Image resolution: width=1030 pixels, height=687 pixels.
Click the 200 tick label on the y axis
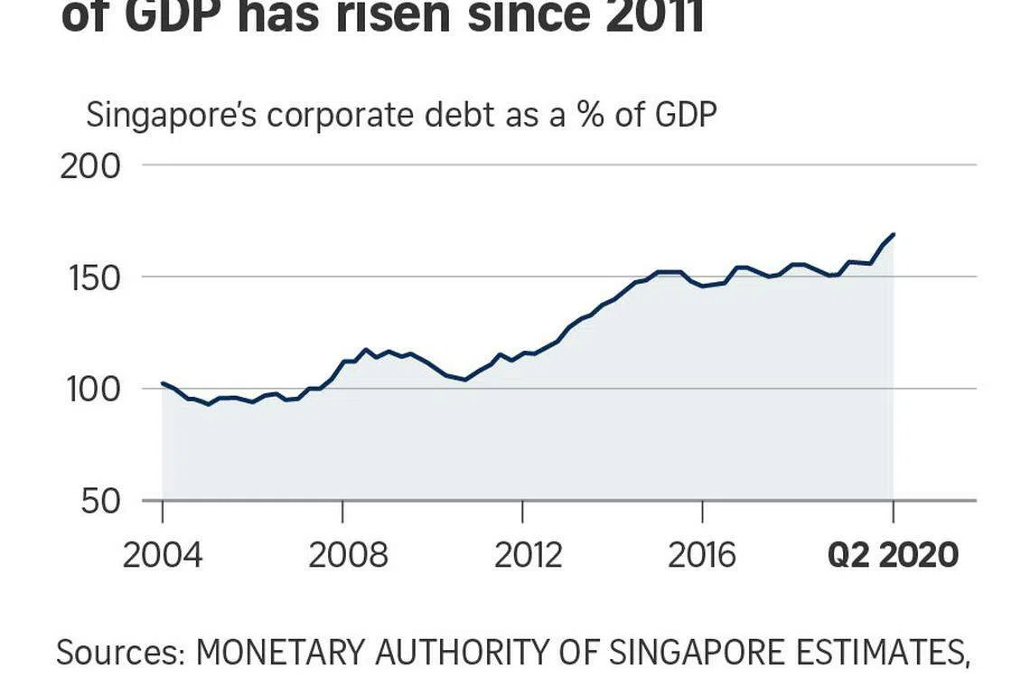[x=89, y=167]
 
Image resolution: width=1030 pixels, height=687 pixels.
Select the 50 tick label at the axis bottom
[x=100, y=502]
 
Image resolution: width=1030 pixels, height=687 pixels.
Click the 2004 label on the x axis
[x=163, y=555]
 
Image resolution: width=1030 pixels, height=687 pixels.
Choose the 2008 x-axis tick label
[x=348, y=555]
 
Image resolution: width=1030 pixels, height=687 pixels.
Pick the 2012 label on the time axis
[x=528, y=555]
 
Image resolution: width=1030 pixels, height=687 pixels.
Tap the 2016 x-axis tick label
[x=702, y=555]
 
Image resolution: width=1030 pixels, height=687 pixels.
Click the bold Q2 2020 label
[x=893, y=555]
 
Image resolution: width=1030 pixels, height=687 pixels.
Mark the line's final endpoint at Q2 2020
[x=894, y=235]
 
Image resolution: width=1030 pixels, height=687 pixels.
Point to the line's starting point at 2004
[x=163, y=383]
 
